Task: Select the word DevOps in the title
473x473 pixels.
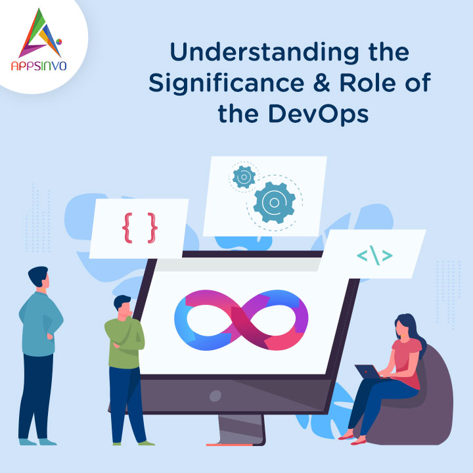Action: (x=323, y=113)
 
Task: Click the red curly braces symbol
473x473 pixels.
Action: (x=139, y=227)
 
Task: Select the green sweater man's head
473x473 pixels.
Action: (x=124, y=305)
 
